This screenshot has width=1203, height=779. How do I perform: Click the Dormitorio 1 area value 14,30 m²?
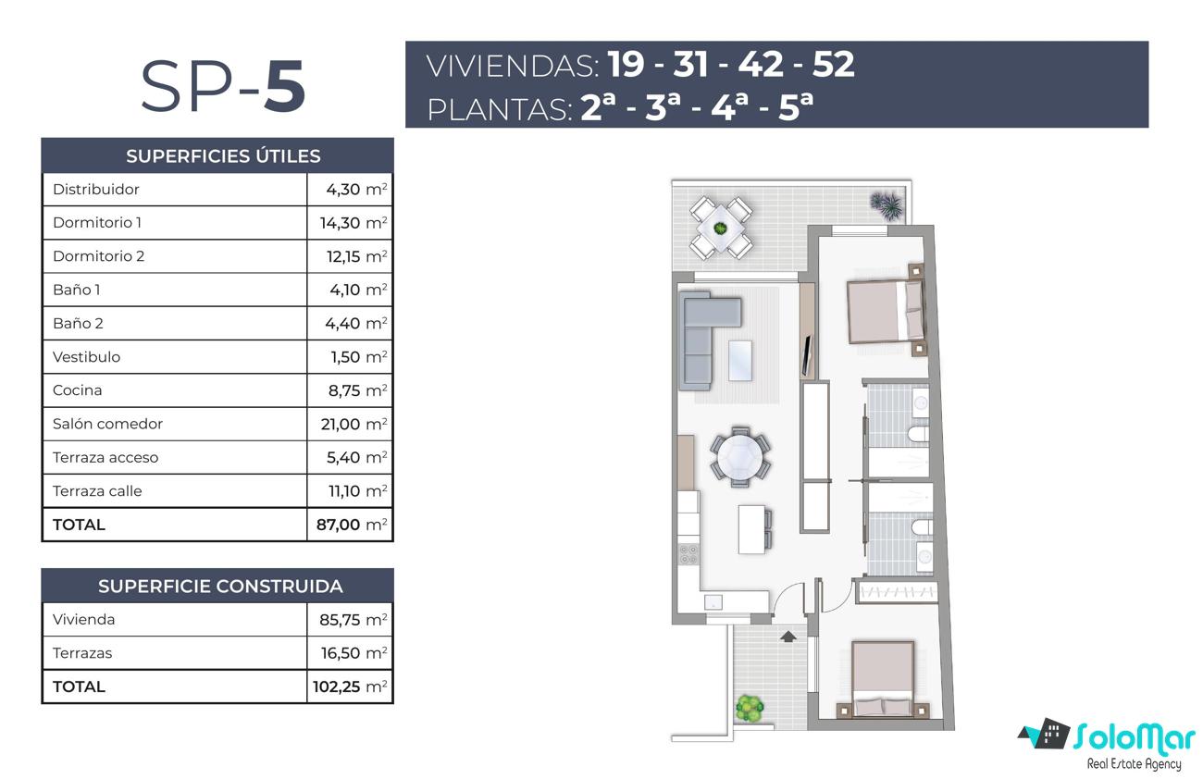point(353,223)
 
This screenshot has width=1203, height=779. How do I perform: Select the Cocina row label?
point(78,390)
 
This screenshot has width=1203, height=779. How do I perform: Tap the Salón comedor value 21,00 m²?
point(353,424)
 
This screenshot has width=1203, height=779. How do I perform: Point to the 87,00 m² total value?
point(352,525)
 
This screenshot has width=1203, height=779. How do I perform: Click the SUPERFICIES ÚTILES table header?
point(223,156)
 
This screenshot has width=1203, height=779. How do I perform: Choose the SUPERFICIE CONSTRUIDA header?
point(220,587)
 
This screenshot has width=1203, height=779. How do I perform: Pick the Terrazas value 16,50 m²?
point(353,653)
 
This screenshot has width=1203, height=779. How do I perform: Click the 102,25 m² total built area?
point(350,686)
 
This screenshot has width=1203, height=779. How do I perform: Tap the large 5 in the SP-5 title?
point(284,86)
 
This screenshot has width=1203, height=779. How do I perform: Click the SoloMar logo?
point(1108,745)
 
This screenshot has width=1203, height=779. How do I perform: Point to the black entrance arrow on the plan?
point(788,637)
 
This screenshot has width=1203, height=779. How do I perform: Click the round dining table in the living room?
point(740,457)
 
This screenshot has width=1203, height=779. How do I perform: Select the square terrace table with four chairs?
point(720,229)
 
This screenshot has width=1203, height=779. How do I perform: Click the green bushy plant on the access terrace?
point(750,709)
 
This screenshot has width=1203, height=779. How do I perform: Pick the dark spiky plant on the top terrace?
point(887,204)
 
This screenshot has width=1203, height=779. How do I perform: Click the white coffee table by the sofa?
point(740,361)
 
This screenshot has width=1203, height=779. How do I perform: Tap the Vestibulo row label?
point(86,357)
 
